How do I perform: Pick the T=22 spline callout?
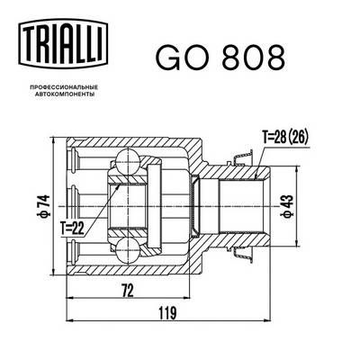(x=75, y=228)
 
